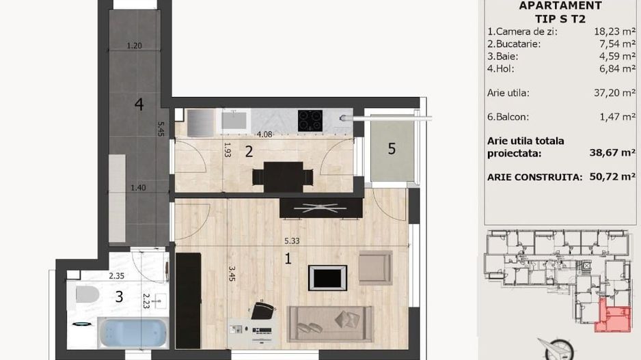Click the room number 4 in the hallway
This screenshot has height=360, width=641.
139,105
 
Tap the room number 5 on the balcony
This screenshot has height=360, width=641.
392,149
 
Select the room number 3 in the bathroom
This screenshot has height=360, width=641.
119,296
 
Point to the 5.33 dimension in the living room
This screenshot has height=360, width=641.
293,241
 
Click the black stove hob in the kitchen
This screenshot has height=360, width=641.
310,120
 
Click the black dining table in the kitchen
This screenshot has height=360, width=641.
283,176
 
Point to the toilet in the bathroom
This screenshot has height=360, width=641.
87,296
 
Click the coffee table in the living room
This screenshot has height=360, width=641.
328,277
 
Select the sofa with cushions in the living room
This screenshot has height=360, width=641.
331,322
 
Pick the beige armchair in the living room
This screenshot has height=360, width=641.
374,267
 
